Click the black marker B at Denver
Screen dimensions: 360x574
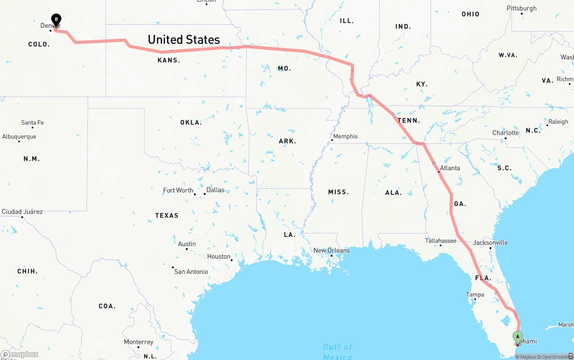coord(56,19)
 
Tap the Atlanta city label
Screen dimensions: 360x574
coord(450,168)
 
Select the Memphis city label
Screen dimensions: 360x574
coord(345,136)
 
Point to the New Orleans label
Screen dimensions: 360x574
coord(331,251)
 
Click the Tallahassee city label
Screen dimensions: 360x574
coord(440,241)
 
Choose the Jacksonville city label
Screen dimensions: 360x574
coord(490,243)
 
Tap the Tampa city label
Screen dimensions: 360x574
coord(475,295)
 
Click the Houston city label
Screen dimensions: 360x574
coord(218,256)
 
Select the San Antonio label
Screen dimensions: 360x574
coord(191,272)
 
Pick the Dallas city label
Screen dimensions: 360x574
coord(215,190)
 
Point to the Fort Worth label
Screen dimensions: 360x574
coord(178,191)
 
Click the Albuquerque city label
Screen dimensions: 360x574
coord(19,137)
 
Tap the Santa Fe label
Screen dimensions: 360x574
coord(32,122)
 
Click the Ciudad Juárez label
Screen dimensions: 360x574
coord(22,212)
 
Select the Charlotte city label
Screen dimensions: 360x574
coord(505,133)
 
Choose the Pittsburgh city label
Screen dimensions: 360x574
coord(522,9)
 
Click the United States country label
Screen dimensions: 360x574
coord(184,39)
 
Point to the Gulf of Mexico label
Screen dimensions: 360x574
coord(338,351)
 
